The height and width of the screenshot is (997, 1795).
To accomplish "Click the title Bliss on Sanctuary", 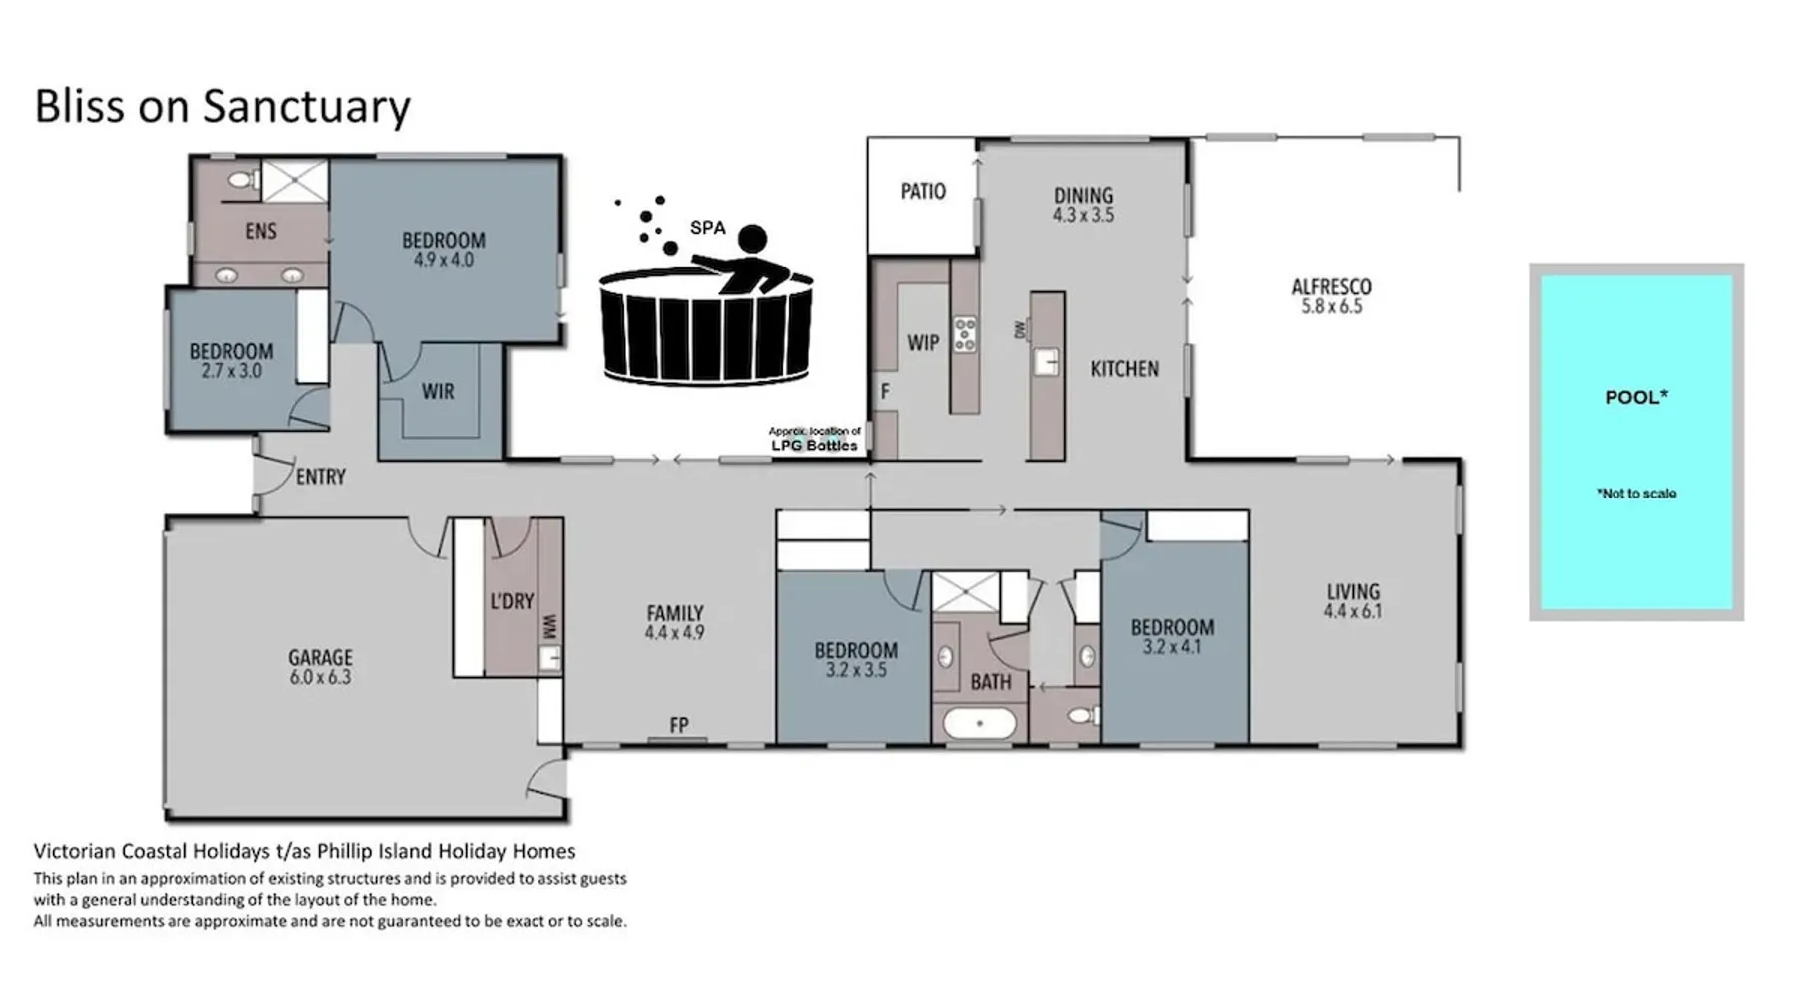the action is coord(222,106).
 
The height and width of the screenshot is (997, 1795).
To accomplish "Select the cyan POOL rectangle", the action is coord(1636,442).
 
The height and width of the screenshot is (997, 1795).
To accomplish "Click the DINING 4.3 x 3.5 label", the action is coord(1083,205).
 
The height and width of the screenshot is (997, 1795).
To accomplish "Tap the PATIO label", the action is coord(923,191).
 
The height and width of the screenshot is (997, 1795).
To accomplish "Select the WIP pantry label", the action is coord(923,343).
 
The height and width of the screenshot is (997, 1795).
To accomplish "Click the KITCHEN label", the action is coord(1124,369).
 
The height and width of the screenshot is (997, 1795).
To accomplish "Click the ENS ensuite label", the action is coord(261,231).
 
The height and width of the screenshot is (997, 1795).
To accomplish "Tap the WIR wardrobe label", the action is coord(438,391).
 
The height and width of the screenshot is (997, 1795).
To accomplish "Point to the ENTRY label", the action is coord(321,477).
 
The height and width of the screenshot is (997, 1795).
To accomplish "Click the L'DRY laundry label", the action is coord(512,601).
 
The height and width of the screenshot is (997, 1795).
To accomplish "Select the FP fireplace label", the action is coord(679,725).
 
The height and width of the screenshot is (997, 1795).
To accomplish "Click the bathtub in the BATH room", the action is coord(980,723).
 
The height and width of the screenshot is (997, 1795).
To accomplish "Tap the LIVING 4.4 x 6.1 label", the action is coord(1353,601).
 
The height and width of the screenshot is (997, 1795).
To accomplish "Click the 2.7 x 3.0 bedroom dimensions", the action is coord(231,371).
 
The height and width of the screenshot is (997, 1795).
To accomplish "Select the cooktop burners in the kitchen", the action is coord(965,334).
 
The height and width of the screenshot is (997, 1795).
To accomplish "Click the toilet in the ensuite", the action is coord(241,180).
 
